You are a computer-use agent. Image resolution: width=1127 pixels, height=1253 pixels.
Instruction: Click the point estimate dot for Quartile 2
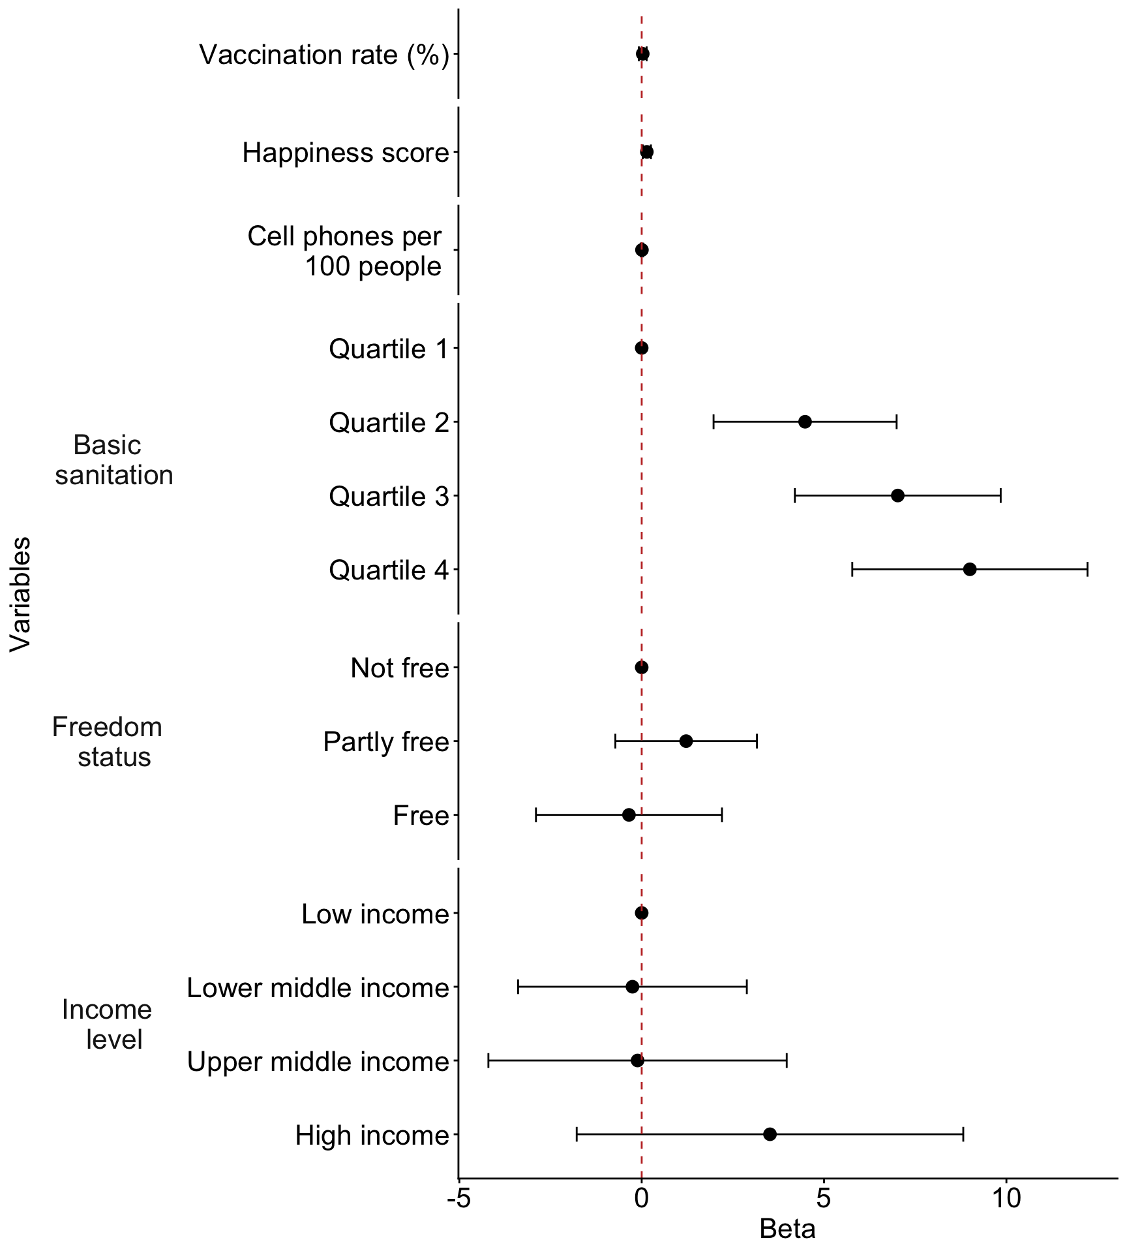pos(805,422)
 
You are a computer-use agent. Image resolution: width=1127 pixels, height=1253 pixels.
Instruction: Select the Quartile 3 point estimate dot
pos(897,495)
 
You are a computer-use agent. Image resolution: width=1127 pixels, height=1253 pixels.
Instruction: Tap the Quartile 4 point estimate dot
pos(970,569)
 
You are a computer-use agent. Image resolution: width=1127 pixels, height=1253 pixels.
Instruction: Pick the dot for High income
pos(770,1134)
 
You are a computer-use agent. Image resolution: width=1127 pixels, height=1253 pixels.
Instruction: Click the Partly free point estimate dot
pos(686,741)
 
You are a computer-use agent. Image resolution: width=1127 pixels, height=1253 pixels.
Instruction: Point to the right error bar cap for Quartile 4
pos(1087,569)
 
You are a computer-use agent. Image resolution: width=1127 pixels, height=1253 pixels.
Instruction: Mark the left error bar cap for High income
pos(577,1134)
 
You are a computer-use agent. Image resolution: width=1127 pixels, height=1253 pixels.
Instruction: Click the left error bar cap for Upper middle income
pos(488,1060)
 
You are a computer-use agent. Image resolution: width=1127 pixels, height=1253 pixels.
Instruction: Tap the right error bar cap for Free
pos(722,814)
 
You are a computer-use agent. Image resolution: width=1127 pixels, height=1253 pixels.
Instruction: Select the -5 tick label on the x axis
pos(458,1199)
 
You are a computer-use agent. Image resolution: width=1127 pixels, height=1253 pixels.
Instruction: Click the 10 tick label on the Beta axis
pos(1006,1199)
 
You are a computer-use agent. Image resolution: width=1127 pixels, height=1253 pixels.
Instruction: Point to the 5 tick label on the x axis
pos(824,1199)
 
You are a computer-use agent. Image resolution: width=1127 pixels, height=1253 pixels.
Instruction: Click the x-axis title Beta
pos(787,1230)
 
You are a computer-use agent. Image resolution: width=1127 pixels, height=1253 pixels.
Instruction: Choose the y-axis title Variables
pos(21,594)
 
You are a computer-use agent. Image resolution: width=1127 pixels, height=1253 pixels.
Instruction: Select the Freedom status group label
pos(108,742)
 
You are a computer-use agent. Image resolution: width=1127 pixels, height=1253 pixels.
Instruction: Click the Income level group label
pos(108,1025)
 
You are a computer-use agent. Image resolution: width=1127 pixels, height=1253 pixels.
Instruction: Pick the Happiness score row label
pos(346,153)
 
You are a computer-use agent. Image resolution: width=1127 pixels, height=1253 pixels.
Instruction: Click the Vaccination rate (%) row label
pos(324,55)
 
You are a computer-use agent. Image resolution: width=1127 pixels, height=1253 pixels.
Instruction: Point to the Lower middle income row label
pos(318,988)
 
